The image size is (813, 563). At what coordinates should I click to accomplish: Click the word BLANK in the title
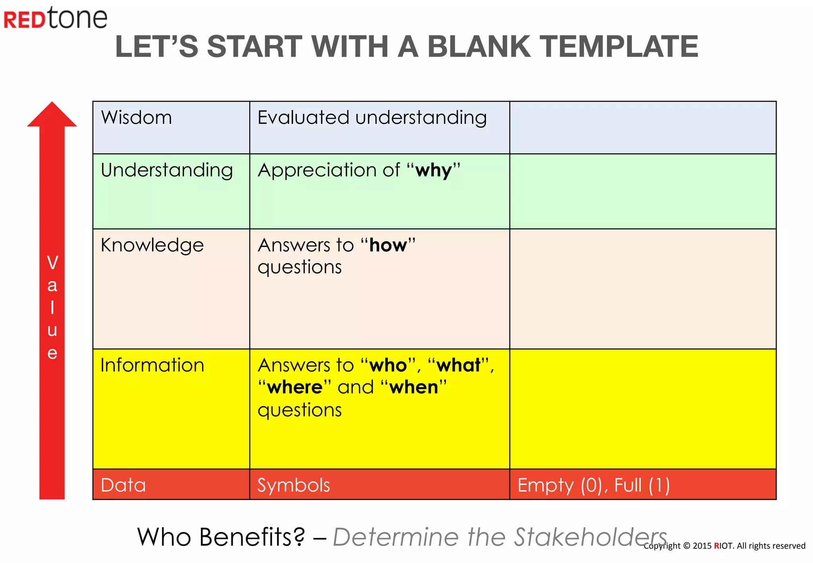pyautogui.click(x=478, y=46)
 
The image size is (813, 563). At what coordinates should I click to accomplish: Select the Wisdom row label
pyautogui.click(x=136, y=118)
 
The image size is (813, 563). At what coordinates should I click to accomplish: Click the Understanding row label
pyautogui.click(x=167, y=170)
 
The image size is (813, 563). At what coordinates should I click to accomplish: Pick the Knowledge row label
pyautogui.click(x=152, y=245)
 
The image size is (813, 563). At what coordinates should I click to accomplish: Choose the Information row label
pyautogui.click(x=152, y=365)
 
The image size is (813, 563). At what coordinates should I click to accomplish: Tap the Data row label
pyautogui.click(x=123, y=485)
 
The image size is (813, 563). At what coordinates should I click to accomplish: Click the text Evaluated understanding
pyautogui.click(x=372, y=118)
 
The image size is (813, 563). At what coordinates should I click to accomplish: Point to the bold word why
pyautogui.click(x=433, y=171)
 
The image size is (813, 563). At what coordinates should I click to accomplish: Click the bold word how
pyautogui.click(x=388, y=245)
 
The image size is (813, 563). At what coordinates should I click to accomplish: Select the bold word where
pyautogui.click(x=295, y=387)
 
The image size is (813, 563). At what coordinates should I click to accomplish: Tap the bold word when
pyautogui.click(x=414, y=387)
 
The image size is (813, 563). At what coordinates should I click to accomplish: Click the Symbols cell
pyautogui.click(x=293, y=485)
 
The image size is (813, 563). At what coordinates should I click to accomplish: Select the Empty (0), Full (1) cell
pyautogui.click(x=593, y=485)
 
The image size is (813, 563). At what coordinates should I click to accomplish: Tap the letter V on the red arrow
pyautogui.click(x=52, y=263)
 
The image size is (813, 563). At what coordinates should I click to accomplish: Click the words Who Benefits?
pyautogui.click(x=221, y=537)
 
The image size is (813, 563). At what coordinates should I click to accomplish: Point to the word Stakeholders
pyautogui.click(x=590, y=537)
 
